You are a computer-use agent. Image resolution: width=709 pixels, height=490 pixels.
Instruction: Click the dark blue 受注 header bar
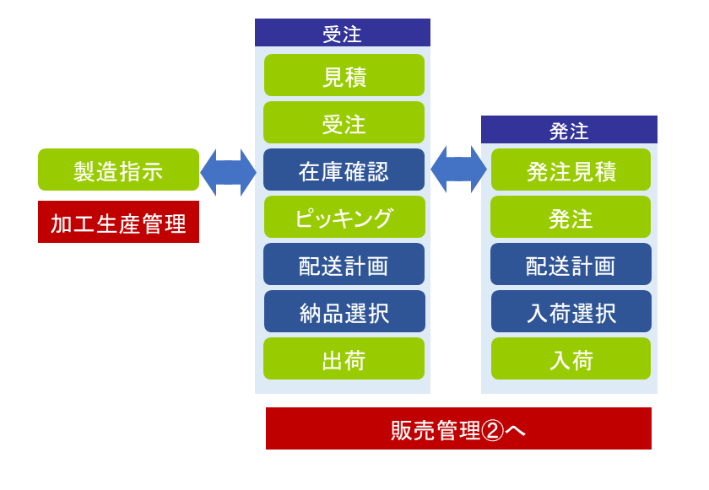(343, 33)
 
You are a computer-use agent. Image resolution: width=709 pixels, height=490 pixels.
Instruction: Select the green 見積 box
(344, 75)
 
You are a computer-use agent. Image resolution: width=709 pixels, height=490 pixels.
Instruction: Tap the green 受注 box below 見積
(344, 122)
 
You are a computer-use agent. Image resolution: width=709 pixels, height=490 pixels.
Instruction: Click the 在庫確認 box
(344, 170)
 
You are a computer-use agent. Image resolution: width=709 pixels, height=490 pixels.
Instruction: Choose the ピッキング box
(344, 217)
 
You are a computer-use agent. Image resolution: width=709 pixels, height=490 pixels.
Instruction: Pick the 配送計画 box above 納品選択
(344, 264)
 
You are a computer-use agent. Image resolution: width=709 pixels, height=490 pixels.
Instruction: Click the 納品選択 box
(344, 311)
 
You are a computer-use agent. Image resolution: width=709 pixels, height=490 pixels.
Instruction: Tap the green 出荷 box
(344, 358)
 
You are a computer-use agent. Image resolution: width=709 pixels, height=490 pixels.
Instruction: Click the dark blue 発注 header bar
(569, 130)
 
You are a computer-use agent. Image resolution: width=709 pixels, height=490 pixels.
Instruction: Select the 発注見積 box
(571, 170)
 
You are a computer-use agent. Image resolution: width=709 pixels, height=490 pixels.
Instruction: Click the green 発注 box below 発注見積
(571, 217)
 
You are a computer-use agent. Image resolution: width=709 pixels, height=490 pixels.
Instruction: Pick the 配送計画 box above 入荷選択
(571, 264)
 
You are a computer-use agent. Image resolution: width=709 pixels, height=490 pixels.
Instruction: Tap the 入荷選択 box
(571, 311)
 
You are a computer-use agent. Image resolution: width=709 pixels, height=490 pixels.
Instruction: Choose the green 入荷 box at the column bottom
(571, 358)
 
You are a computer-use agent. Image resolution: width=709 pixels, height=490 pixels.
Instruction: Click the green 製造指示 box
(118, 170)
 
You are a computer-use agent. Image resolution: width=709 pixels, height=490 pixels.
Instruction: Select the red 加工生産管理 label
(118, 222)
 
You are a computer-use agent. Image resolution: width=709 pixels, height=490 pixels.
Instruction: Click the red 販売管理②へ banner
(458, 428)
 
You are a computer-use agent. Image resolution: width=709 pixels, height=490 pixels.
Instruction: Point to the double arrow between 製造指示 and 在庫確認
(229, 173)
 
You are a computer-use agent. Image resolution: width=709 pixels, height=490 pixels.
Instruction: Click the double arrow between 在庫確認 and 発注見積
(459, 170)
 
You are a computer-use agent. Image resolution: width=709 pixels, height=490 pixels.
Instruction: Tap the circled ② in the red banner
(492, 430)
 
